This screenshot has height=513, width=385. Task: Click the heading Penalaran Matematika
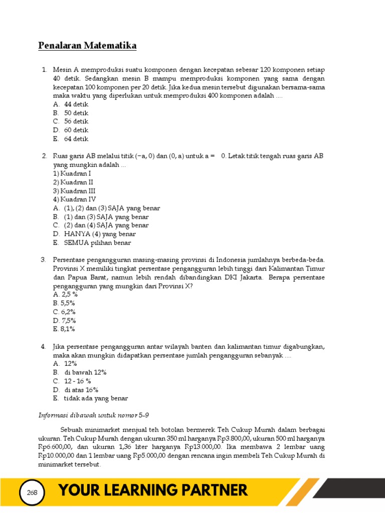pos(87,46)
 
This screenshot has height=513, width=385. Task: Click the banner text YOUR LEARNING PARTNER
pos(153,490)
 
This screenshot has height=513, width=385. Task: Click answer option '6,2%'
pos(64,312)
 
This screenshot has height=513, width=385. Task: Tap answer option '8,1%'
pos(64,329)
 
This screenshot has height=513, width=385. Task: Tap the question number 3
pos(44,260)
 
